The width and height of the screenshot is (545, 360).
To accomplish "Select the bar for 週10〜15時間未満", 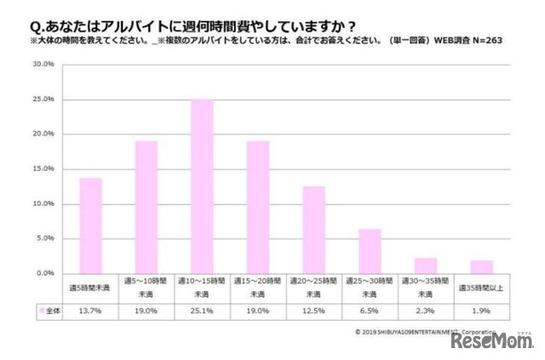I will [202, 186].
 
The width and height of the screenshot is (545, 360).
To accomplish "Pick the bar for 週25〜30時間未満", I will [370, 251].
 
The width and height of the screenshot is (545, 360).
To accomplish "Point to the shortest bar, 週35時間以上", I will [481, 266].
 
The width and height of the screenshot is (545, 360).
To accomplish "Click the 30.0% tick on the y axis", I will [44, 64].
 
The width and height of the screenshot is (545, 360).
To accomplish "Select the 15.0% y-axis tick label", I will [44, 169].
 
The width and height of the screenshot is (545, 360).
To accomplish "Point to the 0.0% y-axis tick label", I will [45, 273].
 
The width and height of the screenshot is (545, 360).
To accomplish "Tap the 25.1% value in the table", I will [202, 311].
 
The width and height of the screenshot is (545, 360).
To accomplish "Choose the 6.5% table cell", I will [370, 311].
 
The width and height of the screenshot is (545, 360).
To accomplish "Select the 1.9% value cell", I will [481, 311].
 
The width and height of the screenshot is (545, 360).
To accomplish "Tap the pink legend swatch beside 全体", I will [39, 311].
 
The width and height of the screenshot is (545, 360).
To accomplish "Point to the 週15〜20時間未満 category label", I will [258, 286].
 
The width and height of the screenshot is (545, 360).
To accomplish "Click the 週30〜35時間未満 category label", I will [426, 286].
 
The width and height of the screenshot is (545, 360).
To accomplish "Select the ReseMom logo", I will [491, 341].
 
